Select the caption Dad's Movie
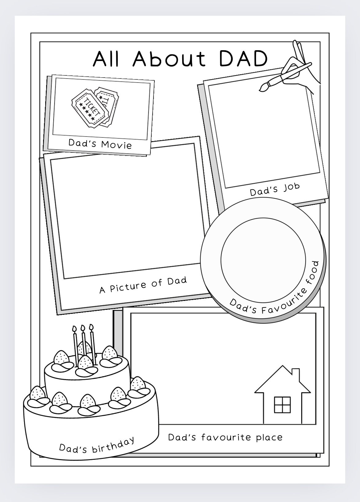pyautogui.click(x=100, y=144)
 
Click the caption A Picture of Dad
pyautogui.click(x=143, y=285)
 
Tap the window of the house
pyautogui.click(x=282, y=405)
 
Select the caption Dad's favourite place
pyautogui.click(x=225, y=437)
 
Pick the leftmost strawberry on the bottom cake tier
pyautogui.click(x=37, y=393)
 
